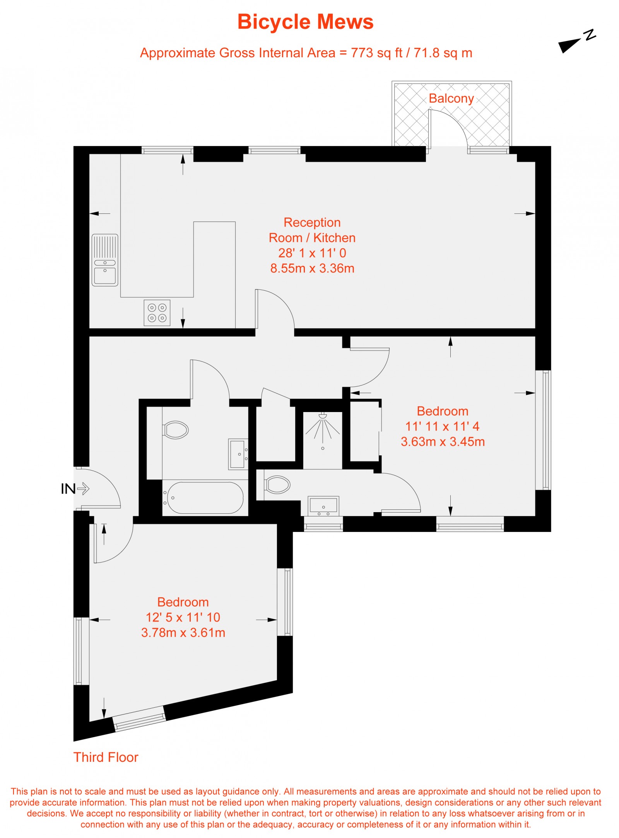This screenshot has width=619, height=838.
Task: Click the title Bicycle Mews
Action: coord(305,22)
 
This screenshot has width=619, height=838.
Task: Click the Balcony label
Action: coord(451,99)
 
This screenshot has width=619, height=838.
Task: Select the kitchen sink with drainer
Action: coord(105,260)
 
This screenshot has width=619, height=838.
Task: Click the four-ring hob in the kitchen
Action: coord(157,313)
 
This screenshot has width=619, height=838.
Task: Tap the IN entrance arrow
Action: coord(83,489)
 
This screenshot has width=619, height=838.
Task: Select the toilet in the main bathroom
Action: coord(176,430)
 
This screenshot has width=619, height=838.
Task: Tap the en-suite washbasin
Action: coord(323,506)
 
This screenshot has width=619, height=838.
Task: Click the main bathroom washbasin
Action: coord(238,454)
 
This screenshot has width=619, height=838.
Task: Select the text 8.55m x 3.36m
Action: coord(312,268)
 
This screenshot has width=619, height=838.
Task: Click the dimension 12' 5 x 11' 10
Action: coord(183,617)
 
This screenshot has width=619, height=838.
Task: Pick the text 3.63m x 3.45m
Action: coord(443,441)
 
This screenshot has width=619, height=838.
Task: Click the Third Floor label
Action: coord(106,757)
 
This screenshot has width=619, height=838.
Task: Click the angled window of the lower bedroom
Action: coord(140,719)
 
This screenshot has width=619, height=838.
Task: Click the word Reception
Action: coord(312,223)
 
